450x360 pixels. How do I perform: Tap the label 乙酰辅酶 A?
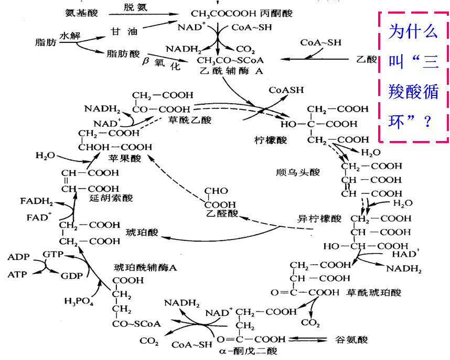point(231,72)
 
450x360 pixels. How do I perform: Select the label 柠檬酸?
point(271,140)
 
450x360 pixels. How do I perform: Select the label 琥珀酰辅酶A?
point(146,268)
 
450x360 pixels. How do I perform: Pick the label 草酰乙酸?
point(190,120)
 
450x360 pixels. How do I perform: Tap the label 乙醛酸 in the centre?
point(221,213)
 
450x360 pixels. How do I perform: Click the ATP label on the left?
point(19,274)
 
